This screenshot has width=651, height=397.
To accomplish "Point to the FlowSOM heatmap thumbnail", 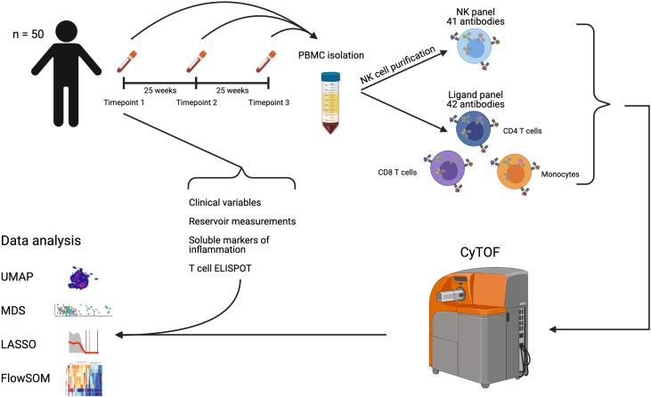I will tap(85, 379).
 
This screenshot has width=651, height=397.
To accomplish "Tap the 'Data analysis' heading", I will tap(41, 241).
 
